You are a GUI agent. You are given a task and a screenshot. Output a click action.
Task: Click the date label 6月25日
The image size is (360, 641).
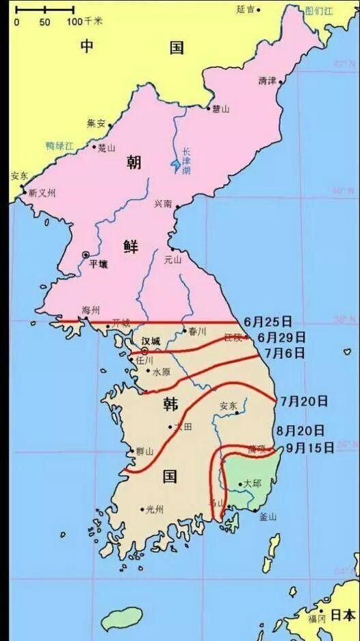tap(268, 321)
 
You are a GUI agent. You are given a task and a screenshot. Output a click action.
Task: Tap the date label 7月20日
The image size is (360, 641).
tap(303, 401)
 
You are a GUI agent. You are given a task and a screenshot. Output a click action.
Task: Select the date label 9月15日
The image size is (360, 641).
tap(310, 448)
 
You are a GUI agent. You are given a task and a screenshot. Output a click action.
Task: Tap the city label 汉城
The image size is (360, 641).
tap(151, 340)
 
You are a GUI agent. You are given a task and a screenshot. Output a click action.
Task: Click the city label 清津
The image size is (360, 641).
tap(267, 81)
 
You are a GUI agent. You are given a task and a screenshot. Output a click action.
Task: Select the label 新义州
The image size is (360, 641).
tap(42, 193)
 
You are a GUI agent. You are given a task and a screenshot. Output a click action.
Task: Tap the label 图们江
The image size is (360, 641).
tap(318, 11)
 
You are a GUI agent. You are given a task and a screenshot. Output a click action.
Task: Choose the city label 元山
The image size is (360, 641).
tap(173, 260)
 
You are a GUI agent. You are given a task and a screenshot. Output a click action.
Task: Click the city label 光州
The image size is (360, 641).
tap(153, 510)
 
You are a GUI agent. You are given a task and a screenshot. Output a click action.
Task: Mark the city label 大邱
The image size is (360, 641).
tap(252, 483)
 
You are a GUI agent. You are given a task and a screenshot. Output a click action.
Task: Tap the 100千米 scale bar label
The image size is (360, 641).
tap(84, 22)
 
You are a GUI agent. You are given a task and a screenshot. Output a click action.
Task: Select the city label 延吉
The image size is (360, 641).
tap(245, 9)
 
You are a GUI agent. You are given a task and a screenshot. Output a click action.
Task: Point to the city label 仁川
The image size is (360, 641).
tap(146, 360)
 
